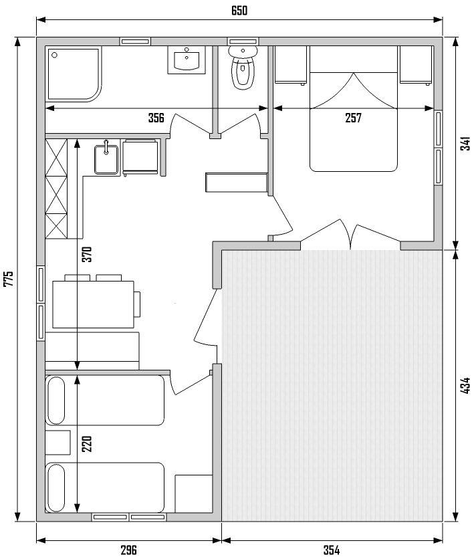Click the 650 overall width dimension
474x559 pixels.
tap(239, 11)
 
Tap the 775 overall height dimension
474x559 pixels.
tap(8, 279)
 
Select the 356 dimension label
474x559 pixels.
tap(156, 118)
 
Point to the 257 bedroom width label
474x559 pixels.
tap(353, 118)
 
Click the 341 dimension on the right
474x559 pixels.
tap(465, 143)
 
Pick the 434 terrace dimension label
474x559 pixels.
tap(465, 386)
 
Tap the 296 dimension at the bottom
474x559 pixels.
tap(128, 550)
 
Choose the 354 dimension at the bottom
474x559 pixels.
tap(332, 550)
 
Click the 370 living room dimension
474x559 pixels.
tap(87, 254)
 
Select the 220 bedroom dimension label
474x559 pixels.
tap(87, 444)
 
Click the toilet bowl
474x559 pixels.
tap(243, 68)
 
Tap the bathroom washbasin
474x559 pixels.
tap(187, 60)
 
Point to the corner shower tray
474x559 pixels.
tap(74, 74)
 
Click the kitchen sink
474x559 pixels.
tap(106, 160)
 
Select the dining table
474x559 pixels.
tap(94, 304)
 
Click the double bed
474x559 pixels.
tap(354, 109)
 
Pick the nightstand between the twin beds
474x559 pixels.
tap(57, 443)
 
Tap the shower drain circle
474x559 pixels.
tap(55, 55)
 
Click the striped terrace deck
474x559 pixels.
tap(332, 385)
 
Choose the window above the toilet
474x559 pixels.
tap(243, 41)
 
